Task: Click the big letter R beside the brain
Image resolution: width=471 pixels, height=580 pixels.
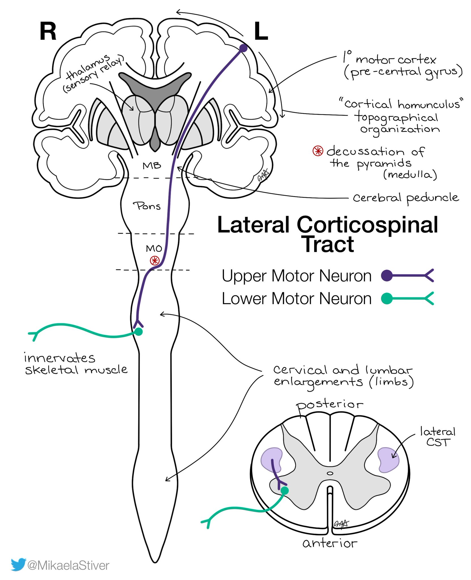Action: (48, 31)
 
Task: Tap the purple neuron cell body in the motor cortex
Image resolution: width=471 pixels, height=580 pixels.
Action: (243, 48)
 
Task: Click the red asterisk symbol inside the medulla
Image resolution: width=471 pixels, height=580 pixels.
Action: (155, 260)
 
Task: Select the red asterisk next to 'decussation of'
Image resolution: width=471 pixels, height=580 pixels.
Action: (318, 151)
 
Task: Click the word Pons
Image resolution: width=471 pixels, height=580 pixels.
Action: (147, 206)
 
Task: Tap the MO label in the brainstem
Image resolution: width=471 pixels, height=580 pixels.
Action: (154, 249)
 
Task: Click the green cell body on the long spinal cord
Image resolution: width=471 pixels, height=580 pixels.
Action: (138, 331)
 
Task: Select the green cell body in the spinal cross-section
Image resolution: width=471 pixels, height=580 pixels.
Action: (284, 490)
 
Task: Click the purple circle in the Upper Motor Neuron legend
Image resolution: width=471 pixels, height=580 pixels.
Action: (387, 275)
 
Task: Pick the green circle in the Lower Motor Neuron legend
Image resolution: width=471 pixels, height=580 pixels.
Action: (387, 298)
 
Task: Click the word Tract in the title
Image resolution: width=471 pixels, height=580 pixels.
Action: (329, 244)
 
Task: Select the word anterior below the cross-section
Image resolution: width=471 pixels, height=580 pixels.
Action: (330, 543)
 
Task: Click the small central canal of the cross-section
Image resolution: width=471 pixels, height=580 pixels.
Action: (330, 473)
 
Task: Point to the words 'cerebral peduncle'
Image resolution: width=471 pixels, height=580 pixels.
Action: (405, 198)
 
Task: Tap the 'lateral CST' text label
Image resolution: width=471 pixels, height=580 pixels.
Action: (438, 437)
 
